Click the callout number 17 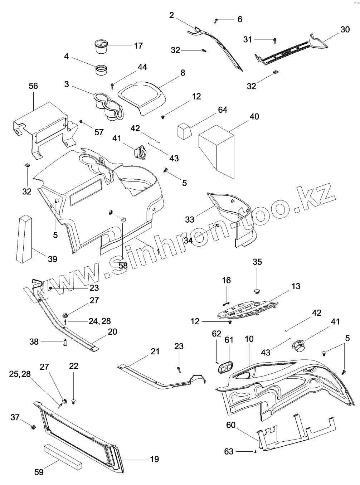click(138, 46)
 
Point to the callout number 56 click(33, 86)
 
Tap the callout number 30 click(345, 29)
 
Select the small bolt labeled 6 click(216, 20)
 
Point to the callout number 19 click(154, 459)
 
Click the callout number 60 click(231, 425)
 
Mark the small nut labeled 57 click(81, 122)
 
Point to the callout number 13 click(296, 286)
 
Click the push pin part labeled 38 click(65, 343)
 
